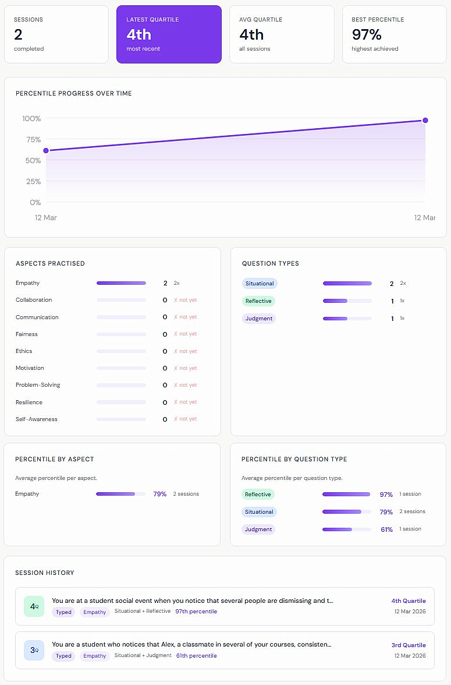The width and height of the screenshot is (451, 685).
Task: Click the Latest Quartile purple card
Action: [x=169, y=34]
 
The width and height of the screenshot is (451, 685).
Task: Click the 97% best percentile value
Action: [x=367, y=34]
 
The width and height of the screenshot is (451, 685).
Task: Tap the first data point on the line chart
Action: [x=46, y=150]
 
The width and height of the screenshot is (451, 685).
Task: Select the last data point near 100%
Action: [x=425, y=121]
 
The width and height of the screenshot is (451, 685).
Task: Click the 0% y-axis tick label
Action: [x=35, y=203]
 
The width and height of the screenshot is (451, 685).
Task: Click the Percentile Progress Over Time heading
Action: [x=74, y=93]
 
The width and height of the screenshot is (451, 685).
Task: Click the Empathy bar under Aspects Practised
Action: [x=121, y=283]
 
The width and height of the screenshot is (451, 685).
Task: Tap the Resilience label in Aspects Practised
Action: [x=29, y=402]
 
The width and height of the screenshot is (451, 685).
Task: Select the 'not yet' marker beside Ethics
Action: [x=186, y=351]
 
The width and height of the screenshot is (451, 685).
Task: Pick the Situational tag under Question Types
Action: [x=260, y=284]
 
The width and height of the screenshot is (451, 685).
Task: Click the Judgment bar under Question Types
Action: [x=347, y=319]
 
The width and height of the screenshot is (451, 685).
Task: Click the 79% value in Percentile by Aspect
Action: [x=159, y=494]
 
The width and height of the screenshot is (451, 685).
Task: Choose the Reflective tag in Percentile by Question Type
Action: [x=258, y=495]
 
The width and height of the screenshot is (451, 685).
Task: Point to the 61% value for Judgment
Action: [x=386, y=529]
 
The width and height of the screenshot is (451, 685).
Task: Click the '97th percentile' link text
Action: [x=196, y=612]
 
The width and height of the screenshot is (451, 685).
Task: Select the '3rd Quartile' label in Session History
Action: [x=409, y=645]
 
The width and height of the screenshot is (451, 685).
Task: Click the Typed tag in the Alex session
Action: [x=63, y=656]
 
